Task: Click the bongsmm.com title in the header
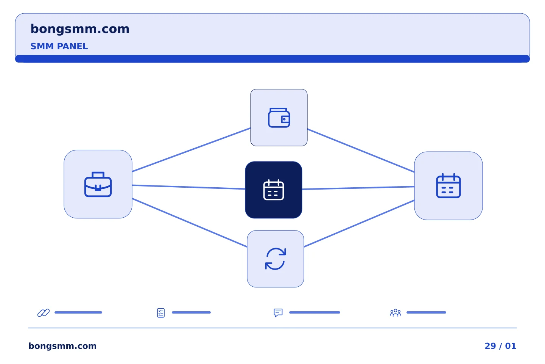tap(80, 29)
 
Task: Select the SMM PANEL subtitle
tap(59, 46)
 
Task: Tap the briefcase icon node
tap(98, 184)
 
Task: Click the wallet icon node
tap(279, 118)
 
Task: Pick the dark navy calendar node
tap(274, 190)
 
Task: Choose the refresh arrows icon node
tap(276, 259)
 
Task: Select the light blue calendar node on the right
tap(448, 186)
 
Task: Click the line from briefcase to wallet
tap(191, 150)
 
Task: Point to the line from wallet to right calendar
tap(361, 151)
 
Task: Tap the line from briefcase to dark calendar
tap(188, 187)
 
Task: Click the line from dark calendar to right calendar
tap(358, 188)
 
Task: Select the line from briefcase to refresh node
tap(190, 223)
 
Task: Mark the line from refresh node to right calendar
tap(359, 224)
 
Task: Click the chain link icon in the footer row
tap(44, 312)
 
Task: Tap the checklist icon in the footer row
tap(161, 313)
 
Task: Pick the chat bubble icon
tap(278, 312)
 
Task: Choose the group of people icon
tap(396, 313)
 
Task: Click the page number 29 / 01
tap(500, 346)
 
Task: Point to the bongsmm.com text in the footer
tap(62, 346)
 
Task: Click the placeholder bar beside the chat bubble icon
tap(315, 312)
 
